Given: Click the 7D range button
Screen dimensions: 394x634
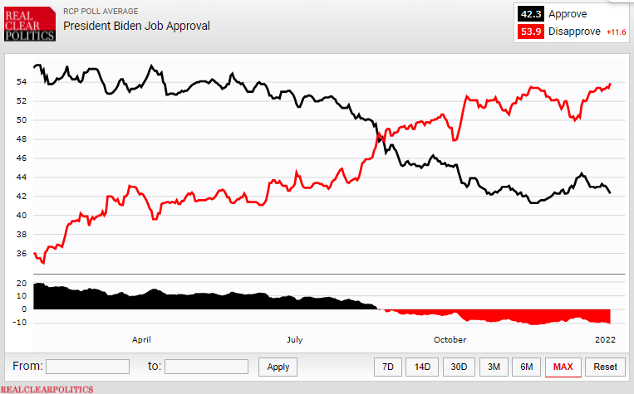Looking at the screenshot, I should click(x=388, y=367).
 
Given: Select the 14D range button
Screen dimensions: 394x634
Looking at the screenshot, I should click(x=423, y=367).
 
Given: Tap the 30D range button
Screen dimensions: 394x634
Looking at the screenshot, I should click(x=459, y=367).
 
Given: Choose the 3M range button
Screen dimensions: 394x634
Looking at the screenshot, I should click(x=494, y=367).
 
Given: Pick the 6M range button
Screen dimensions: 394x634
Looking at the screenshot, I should click(x=527, y=367).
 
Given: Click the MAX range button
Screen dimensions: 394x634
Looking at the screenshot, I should click(x=563, y=367).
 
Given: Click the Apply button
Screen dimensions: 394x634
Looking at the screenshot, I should click(x=278, y=367).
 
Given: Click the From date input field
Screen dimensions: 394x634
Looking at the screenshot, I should click(x=87, y=367).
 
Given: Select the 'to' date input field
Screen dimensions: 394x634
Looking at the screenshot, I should click(x=206, y=367).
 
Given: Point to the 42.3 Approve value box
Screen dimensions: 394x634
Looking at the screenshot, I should click(x=529, y=14).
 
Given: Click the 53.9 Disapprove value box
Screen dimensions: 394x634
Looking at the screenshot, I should click(x=529, y=32).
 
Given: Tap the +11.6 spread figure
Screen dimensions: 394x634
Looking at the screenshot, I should click(x=616, y=32).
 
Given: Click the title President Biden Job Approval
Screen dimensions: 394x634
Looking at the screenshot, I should click(x=137, y=26).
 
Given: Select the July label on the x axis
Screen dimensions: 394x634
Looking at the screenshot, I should click(x=295, y=339).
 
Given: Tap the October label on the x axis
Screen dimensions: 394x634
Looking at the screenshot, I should click(x=450, y=339).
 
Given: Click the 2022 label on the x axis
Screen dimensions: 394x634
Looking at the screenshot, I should click(x=604, y=339).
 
